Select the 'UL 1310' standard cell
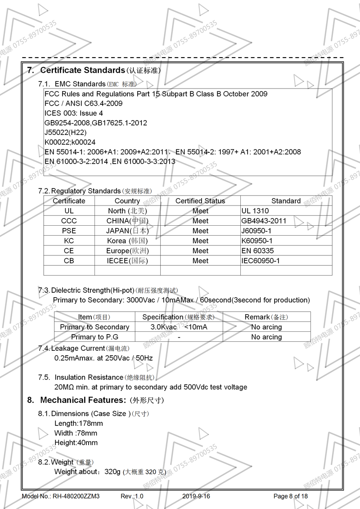(255, 211)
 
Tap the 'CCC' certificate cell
(69, 221)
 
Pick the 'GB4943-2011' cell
(264, 221)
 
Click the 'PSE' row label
(69, 231)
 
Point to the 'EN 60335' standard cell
(257, 251)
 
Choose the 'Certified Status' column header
(200, 201)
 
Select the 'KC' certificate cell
(69, 241)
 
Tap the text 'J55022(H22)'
(66, 132)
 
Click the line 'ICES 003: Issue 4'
(74, 113)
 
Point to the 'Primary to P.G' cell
(94, 337)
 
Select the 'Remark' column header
(266, 317)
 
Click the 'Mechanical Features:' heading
(83, 400)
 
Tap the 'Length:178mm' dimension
(78, 423)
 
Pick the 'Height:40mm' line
(76, 442)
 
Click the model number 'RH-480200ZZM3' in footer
(76, 496)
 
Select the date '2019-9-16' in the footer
(196, 496)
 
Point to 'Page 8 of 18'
(291, 496)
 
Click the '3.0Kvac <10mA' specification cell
(179, 327)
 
